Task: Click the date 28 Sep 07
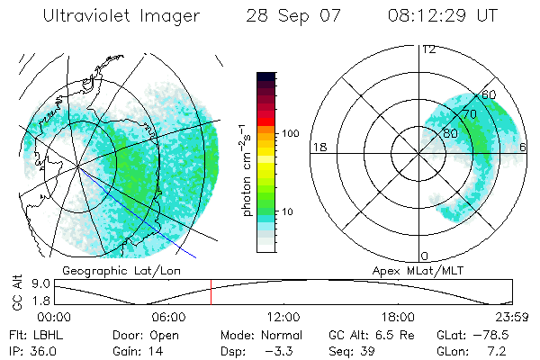click(x=290, y=15)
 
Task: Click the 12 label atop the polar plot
click(x=429, y=49)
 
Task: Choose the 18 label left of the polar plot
click(x=319, y=147)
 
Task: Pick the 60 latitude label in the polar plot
click(x=489, y=94)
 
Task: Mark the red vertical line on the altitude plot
click(x=211, y=292)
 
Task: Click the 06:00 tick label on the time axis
click(x=168, y=317)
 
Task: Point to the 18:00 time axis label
click(x=398, y=317)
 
